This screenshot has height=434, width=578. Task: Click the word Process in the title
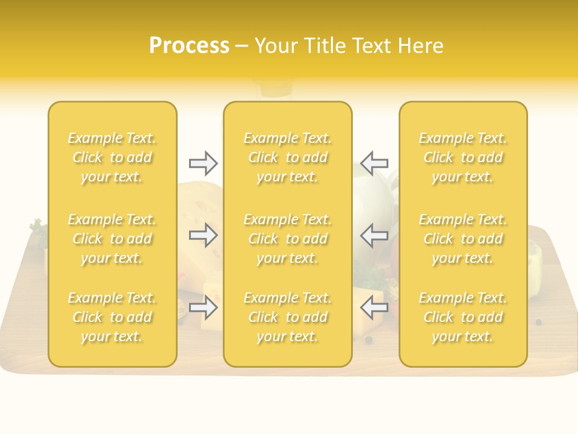[x=189, y=46]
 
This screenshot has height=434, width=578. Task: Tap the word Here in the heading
[x=421, y=46]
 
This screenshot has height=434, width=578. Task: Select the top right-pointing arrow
[x=204, y=163]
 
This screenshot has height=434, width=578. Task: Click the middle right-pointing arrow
[x=204, y=235]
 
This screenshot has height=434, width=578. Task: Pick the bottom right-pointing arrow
[x=204, y=307]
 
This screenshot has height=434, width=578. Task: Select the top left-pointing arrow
[x=374, y=163]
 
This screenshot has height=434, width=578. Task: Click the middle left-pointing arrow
[x=374, y=235]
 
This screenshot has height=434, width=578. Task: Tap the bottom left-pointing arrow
[x=374, y=307]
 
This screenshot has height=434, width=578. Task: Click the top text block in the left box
[x=112, y=157]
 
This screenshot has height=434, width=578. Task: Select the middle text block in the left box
[x=112, y=239]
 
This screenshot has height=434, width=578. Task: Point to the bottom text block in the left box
[x=112, y=317]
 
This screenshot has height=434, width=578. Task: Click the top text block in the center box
[x=288, y=157]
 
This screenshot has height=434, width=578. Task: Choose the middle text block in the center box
[x=288, y=239]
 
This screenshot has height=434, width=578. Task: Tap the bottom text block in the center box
[x=288, y=317]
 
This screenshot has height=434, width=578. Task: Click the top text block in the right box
[x=463, y=157]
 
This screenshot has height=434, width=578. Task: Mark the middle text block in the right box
[x=463, y=239]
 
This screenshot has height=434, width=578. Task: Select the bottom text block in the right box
[x=463, y=317]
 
